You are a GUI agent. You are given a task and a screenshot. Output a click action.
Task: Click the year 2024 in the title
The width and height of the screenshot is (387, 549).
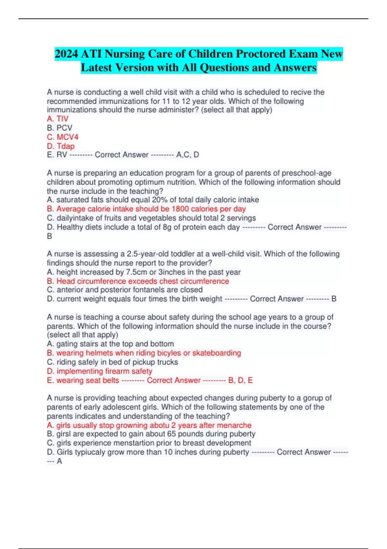[x=66, y=54]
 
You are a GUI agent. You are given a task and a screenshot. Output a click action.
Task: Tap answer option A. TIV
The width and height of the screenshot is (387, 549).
[x=58, y=119]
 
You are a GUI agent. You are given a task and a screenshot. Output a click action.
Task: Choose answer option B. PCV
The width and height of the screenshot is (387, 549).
[x=60, y=128]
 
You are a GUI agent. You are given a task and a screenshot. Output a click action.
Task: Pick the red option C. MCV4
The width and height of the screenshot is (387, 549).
[x=63, y=137]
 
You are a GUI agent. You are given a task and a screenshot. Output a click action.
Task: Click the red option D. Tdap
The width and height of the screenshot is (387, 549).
[x=61, y=146]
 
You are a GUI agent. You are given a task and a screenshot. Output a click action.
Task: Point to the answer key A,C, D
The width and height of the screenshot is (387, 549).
[x=188, y=155]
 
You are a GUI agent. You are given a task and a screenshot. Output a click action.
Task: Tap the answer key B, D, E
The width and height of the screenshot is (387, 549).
[x=241, y=380]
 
